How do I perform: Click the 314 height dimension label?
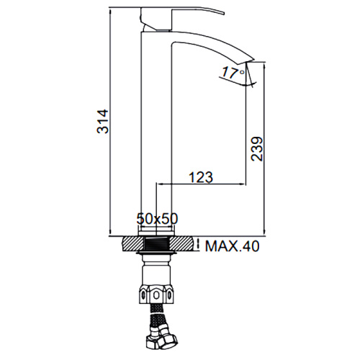(102, 122)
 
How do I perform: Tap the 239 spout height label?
(257, 149)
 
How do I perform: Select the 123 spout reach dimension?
(201, 177)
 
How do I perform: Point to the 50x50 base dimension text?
(157, 219)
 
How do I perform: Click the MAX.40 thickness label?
(233, 246)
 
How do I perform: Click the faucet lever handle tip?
(224, 13)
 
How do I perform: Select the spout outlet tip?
(250, 60)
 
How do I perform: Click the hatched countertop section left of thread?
(134, 244)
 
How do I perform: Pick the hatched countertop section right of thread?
(181, 244)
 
